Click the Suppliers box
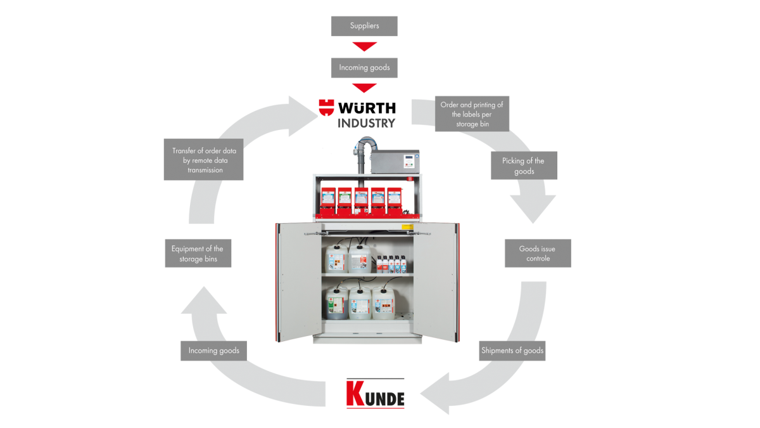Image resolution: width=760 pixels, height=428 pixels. [x=364, y=26]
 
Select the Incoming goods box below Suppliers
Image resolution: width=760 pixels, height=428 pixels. [x=364, y=68]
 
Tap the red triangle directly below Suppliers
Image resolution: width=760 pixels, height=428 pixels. [x=364, y=46]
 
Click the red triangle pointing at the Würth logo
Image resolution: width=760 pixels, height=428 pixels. [x=364, y=88]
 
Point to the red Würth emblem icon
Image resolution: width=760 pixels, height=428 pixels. [x=326, y=107]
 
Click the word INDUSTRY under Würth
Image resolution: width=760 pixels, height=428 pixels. [x=366, y=123]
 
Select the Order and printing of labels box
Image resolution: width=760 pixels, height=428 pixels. [x=472, y=114]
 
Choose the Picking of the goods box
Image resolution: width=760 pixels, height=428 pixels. [x=523, y=165]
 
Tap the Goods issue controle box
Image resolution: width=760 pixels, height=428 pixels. [x=538, y=253]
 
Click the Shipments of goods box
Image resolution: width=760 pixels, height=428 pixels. [x=512, y=350]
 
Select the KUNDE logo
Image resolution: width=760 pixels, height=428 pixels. [x=375, y=393]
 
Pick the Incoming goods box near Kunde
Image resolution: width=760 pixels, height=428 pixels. [x=213, y=350]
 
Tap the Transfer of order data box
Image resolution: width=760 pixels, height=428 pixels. [x=203, y=160]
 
